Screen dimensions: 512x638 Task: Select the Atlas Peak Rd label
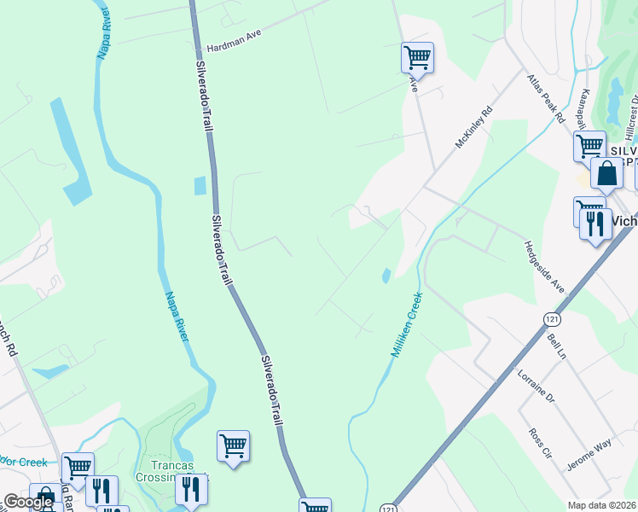pyautogui.click(x=546, y=99)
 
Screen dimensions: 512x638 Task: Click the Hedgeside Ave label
pyautogui.click(x=544, y=265)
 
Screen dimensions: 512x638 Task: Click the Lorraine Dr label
pyautogui.click(x=536, y=386)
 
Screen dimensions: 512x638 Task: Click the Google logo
pyautogui.click(x=29, y=502)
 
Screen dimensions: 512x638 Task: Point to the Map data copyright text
pyautogui.click(x=602, y=505)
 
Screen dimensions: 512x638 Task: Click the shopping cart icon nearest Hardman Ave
pyautogui.click(x=417, y=58)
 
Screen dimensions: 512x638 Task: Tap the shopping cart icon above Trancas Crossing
pyautogui.click(x=233, y=445)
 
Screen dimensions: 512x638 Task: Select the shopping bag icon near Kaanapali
pyautogui.click(x=606, y=173)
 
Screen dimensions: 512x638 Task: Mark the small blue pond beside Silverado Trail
pyautogui.click(x=200, y=185)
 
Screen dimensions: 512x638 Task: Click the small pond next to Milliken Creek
pyautogui.click(x=386, y=276)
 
